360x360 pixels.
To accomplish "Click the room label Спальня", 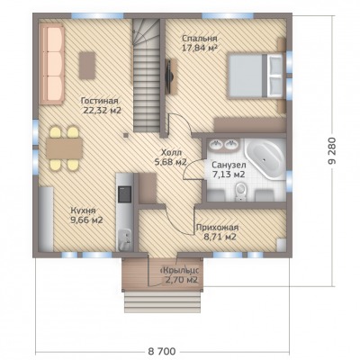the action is (x=200, y=39).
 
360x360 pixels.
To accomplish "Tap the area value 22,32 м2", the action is (x=102, y=111).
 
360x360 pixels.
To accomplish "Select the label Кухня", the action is (x=83, y=211).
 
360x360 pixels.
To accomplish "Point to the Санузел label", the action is (x=229, y=165).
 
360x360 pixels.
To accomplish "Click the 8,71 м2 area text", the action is (x=220, y=237).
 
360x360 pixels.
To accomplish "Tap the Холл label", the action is (x=171, y=152).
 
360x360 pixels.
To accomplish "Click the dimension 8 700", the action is (x=162, y=351).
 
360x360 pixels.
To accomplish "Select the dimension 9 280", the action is (x=332, y=150).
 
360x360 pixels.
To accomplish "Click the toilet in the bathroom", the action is (x=240, y=192).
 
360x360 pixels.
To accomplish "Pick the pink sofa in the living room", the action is (x=51, y=65).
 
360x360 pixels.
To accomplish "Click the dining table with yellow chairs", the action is (x=64, y=148).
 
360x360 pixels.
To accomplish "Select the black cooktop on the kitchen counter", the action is (x=124, y=194).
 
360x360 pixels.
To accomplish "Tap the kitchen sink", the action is (x=124, y=240).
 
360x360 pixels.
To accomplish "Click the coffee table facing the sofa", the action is (x=87, y=66).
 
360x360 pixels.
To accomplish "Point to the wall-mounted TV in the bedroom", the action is (x=169, y=76).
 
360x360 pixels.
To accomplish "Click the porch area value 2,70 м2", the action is (x=182, y=281).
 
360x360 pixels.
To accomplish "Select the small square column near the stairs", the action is (x=126, y=136).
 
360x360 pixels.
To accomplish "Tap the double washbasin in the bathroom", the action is (x=223, y=145).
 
